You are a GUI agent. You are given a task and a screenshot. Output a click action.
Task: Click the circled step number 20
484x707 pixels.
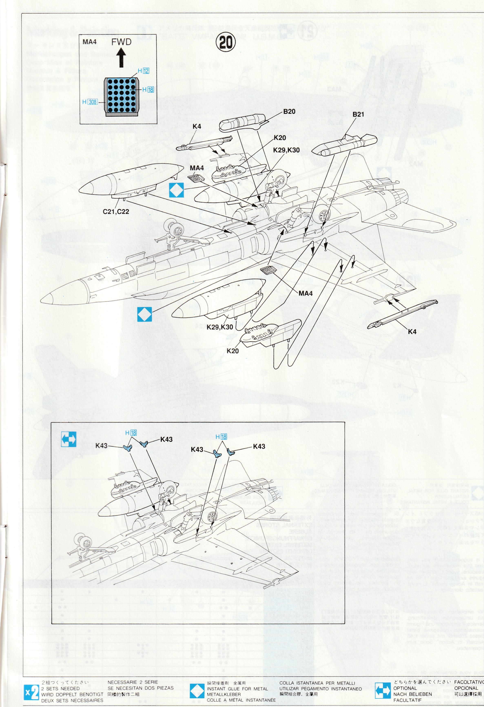226,43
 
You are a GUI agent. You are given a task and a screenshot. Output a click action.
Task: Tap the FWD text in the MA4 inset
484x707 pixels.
121,42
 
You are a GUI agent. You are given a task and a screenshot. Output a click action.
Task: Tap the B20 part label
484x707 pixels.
289,112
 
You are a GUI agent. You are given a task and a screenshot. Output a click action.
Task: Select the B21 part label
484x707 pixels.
358,114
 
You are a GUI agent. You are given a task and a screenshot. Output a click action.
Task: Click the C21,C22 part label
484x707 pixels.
116,211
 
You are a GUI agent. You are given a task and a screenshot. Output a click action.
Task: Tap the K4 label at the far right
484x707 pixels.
412,332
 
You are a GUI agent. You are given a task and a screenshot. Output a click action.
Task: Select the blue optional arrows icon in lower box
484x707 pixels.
68,439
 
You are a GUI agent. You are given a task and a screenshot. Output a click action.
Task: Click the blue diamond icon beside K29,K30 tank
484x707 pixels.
145,315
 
